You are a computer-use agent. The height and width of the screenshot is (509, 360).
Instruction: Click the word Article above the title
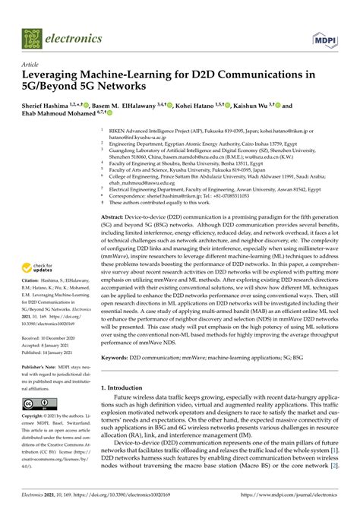click(32, 65)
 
